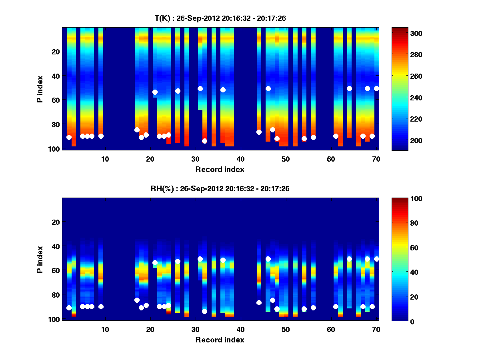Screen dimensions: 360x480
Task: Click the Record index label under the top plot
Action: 220,169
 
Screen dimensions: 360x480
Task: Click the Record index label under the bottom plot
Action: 220,340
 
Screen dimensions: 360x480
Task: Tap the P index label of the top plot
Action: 40,89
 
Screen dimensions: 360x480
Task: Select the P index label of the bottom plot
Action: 40,259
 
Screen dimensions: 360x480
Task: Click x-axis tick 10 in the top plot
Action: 105,158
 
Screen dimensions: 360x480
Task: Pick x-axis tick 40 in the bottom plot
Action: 240,329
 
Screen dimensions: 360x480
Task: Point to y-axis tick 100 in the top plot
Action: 55,149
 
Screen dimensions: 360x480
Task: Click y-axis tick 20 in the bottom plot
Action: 56,222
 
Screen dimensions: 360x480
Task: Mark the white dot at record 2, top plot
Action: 69,137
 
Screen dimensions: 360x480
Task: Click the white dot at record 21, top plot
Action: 155,92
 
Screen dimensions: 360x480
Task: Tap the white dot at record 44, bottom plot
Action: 259,302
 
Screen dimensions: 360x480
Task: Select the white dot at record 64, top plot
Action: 349,88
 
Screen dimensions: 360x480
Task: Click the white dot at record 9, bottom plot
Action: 101,306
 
